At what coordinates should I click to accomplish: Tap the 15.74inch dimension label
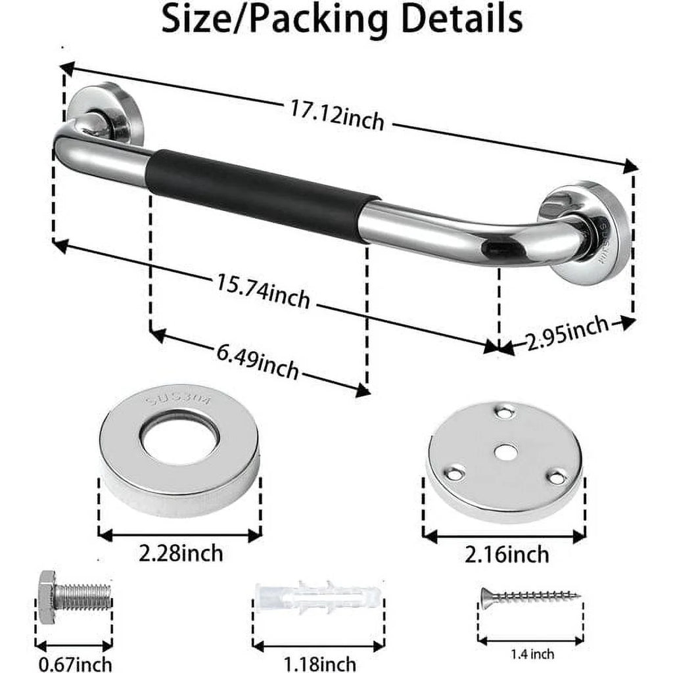click(x=263, y=290)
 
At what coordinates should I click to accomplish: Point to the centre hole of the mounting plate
click(x=505, y=452)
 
